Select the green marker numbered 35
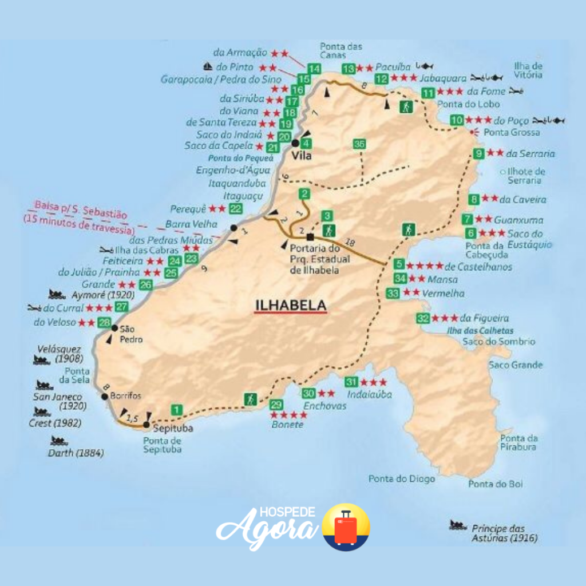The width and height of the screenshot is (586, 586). click(x=359, y=144)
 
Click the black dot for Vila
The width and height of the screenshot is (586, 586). click(x=295, y=143)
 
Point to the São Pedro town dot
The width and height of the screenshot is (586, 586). click(x=114, y=328)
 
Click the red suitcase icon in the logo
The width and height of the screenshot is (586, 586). click(x=346, y=528)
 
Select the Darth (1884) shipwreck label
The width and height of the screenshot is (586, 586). click(x=76, y=453)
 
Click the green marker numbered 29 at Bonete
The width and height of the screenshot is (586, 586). click(x=276, y=405)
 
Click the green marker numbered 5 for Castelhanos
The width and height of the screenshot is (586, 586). click(x=399, y=264)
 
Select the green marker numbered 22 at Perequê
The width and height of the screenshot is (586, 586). click(x=235, y=209)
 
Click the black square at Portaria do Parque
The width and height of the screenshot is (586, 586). click(x=310, y=236)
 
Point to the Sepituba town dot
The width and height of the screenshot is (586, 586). click(x=146, y=425)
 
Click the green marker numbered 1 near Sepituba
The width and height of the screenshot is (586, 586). click(x=177, y=410)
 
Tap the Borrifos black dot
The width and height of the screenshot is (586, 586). click(x=105, y=396)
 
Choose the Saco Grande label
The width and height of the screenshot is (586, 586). click(x=515, y=365)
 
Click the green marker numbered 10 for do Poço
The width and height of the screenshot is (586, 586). click(x=456, y=121)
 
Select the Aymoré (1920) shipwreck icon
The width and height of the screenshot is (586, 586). click(x=57, y=295)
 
